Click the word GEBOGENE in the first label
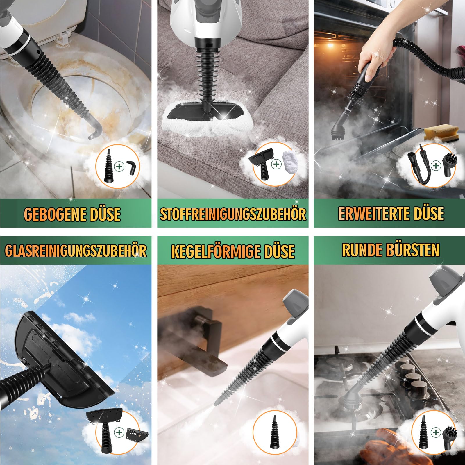click(52, 214)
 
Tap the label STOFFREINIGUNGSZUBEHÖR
click(233, 214)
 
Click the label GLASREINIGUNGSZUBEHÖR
click(76, 251)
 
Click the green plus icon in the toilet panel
click(119, 167)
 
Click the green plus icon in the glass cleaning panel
click(119, 432)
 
